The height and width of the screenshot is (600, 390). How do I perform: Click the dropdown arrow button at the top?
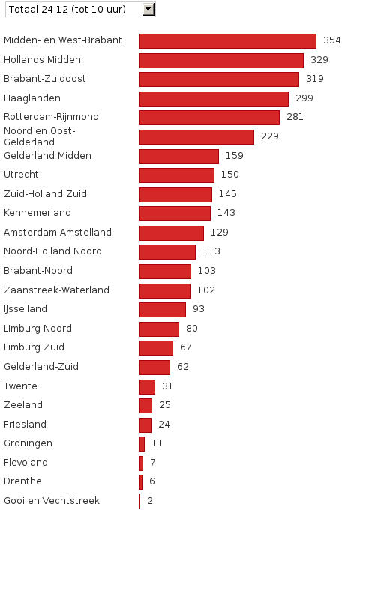coord(148,9)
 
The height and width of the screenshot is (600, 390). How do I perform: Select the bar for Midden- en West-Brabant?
coord(227,40)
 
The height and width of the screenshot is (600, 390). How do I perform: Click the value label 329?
coord(319,60)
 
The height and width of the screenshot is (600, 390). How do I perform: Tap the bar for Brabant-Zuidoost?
coord(219,79)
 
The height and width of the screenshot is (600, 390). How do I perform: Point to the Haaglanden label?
coord(32,98)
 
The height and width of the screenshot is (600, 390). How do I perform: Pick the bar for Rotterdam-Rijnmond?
coord(209,117)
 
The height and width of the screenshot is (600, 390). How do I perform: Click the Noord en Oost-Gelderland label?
coord(40,136)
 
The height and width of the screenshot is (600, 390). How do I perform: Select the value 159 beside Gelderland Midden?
coord(234,156)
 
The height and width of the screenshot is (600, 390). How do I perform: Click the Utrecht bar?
coord(176,175)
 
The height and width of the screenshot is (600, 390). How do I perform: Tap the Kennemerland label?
coord(37,213)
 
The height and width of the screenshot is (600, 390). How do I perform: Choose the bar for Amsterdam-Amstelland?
coord(171,232)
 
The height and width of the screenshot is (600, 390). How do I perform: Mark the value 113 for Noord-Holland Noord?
coord(211,251)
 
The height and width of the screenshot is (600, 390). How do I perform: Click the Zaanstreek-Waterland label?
coord(56,290)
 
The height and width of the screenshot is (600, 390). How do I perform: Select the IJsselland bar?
coord(162,309)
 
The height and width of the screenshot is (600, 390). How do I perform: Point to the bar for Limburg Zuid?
coord(156,347)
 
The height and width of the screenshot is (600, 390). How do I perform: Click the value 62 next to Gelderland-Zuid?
coord(183,367)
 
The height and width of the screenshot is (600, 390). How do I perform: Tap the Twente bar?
coord(147,386)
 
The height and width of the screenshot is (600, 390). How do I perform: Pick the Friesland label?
coord(25,424)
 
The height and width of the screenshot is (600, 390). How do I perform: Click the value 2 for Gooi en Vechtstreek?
coord(150,501)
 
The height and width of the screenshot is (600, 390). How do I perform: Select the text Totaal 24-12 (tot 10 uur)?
coord(67,9)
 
